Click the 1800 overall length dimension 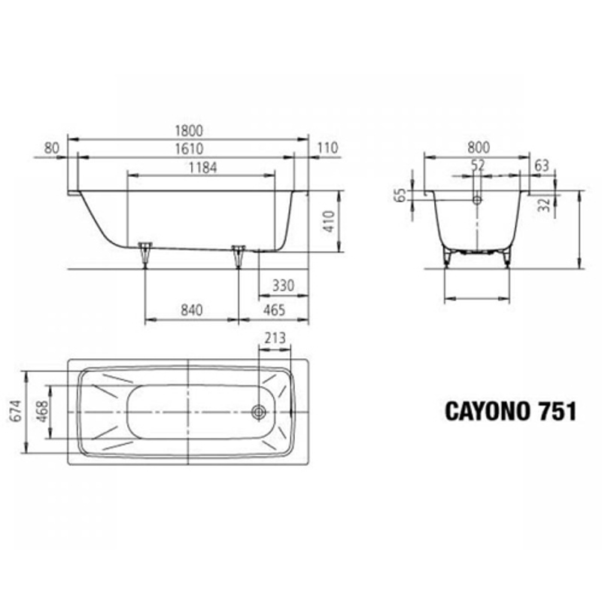(189, 130)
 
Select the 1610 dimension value (188, 149)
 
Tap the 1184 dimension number (202, 168)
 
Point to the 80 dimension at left (51, 149)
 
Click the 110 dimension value (328, 149)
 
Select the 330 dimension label (283, 287)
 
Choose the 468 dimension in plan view (39, 412)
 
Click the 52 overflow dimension (478, 165)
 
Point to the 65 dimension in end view (400, 196)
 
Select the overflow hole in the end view (477, 200)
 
